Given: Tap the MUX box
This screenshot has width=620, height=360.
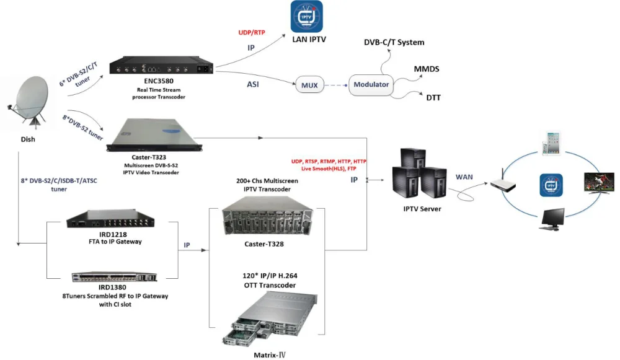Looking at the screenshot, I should [x=311, y=84].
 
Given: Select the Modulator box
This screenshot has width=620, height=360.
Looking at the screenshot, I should [x=371, y=84].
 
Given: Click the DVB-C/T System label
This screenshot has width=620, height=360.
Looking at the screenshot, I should [x=394, y=42].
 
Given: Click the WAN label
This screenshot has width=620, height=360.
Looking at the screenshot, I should [x=464, y=177].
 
